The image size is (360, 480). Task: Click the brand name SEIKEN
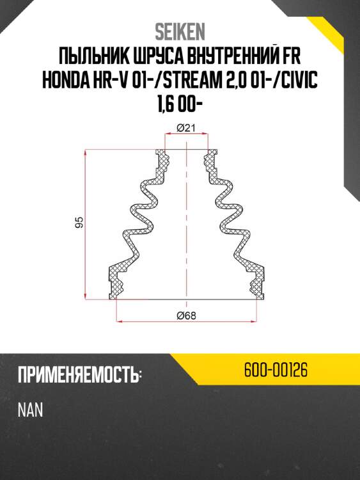pos(180,31)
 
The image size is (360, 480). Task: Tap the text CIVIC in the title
pos(296,80)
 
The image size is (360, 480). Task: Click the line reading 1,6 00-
pos(180,104)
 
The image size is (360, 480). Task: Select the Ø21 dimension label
pos(185,127)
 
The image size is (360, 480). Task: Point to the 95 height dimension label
pos(79,223)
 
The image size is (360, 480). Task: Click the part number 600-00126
pos(277,371)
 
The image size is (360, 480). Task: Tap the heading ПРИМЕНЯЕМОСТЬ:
pos(79,375)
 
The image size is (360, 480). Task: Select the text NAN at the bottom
pos(30,410)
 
